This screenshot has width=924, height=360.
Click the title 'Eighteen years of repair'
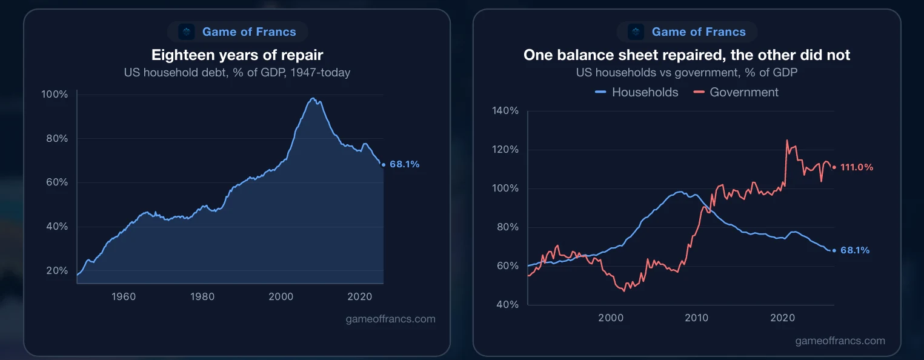click(237, 55)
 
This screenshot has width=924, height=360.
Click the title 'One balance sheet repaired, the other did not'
click(687, 55)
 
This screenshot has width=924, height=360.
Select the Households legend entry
click(636, 92)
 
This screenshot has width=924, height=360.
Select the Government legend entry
click(736, 92)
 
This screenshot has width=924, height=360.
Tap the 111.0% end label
click(857, 167)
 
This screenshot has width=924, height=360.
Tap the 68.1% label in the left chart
click(405, 164)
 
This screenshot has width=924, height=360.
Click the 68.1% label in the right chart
click(855, 250)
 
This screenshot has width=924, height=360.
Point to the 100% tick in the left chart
click(55, 94)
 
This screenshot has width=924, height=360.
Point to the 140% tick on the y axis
click(505, 111)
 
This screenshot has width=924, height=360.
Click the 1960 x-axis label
click(124, 296)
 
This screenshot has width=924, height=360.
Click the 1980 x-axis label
click(202, 296)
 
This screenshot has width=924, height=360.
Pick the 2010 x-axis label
click(697, 318)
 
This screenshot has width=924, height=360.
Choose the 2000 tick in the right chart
click(611, 318)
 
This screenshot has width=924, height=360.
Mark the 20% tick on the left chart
click(57, 270)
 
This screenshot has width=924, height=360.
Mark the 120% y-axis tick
click(505, 149)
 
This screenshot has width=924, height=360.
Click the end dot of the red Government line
click(834, 167)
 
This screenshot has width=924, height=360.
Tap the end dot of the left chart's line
click(384, 165)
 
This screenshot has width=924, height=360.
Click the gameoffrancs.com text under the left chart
click(391, 319)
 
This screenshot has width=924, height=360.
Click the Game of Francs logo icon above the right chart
click(636, 32)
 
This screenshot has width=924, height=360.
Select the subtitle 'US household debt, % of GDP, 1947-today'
click(237, 73)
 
